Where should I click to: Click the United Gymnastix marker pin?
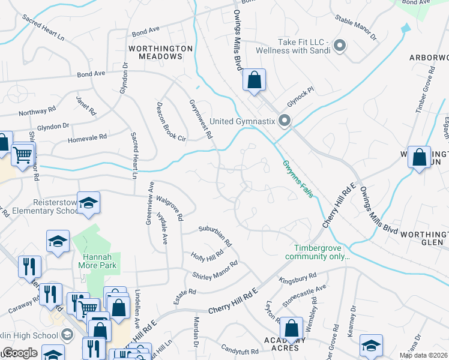click(285, 121)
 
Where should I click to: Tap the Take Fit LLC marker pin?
click(339, 45)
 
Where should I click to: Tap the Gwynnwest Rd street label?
click(201, 119)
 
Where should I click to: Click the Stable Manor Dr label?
click(355, 28)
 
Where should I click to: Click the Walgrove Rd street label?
click(169, 207)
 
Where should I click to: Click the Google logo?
click(20, 353)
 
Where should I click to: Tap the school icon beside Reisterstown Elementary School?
click(88, 204)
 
